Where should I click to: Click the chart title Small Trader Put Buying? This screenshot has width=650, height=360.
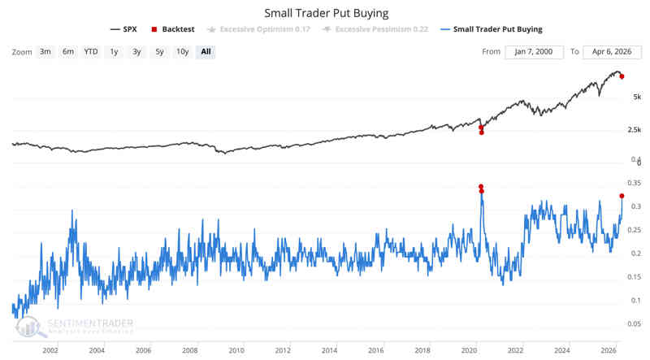325,13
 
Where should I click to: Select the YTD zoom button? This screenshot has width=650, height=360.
90,51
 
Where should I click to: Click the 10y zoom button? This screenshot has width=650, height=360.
182,51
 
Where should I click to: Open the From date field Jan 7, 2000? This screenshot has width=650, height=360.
534,51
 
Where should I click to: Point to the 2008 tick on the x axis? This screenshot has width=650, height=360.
189,351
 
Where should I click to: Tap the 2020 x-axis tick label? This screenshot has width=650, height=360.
469,351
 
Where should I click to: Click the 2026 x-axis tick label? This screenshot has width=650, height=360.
608,351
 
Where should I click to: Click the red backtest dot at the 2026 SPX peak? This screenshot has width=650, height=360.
622,76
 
